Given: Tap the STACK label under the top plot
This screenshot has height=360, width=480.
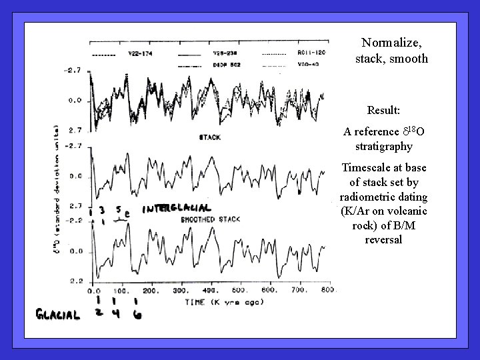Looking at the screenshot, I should pyautogui.click(x=210, y=137).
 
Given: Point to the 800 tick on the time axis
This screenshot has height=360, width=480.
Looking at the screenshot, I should pyautogui.click(x=327, y=291).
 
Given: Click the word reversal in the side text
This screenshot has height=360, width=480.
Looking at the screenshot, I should pyautogui.click(x=383, y=239).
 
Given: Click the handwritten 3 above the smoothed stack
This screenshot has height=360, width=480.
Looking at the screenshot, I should pyautogui.click(x=102, y=209).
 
